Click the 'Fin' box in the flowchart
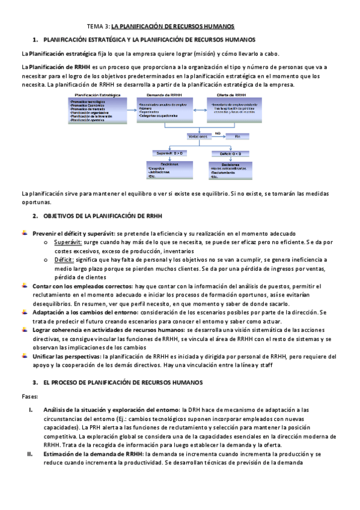tap(237, 137)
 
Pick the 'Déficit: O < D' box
tap(230, 153)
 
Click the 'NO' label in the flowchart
tap(218, 132)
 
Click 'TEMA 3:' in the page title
tap(99, 27)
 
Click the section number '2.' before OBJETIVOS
tap(35, 215)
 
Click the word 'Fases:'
tap(29, 396)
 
